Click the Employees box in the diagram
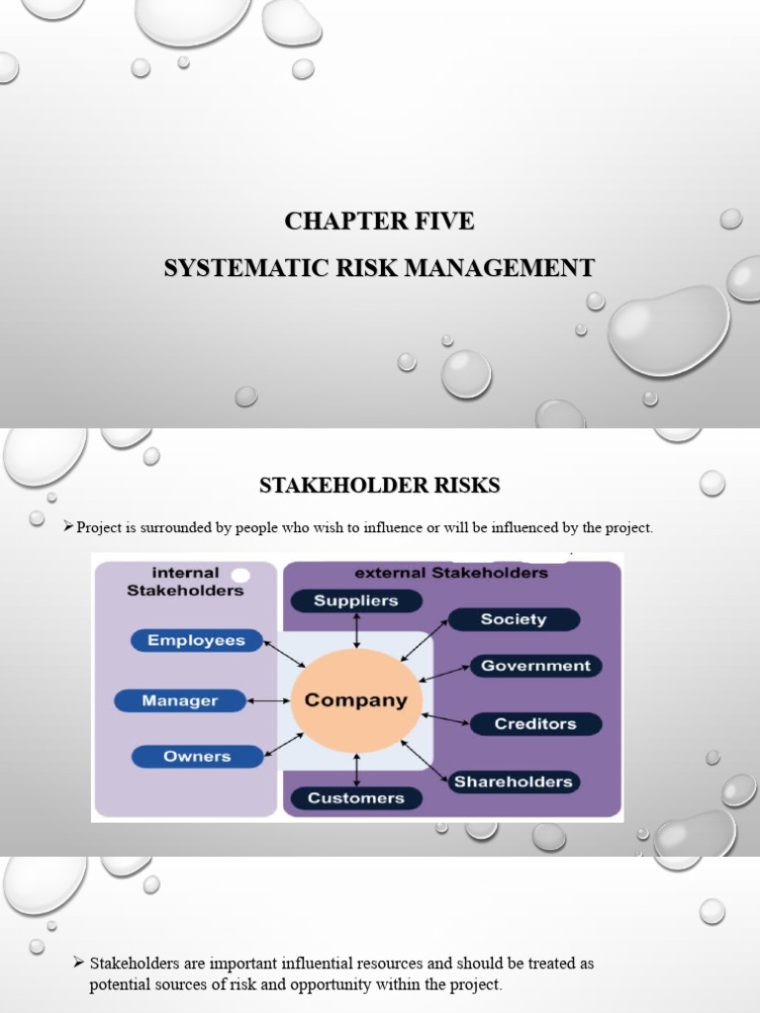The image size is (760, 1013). pyautogui.click(x=196, y=640)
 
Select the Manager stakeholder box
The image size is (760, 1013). pyautogui.click(x=180, y=700)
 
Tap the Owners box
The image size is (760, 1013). pyautogui.click(x=197, y=757)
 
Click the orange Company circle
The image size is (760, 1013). pyautogui.click(x=356, y=700)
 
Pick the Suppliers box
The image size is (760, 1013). pyautogui.click(x=356, y=600)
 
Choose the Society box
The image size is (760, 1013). pyautogui.click(x=514, y=619)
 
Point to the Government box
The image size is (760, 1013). pyautogui.click(x=535, y=666)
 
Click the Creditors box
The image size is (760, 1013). pyautogui.click(x=535, y=724)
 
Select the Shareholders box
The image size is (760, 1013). pyautogui.click(x=513, y=782)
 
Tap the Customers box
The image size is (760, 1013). pyautogui.click(x=356, y=797)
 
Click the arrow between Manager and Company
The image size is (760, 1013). pyautogui.click(x=268, y=700)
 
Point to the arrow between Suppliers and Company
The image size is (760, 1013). pyautogui.click(x=356, y=630)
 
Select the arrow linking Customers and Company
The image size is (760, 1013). pyautogui.click(x=356, y=769)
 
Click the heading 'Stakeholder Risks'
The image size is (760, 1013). pyautogui.click(x=379, y=485)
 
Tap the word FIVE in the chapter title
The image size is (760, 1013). pyautogui.click(x=441, y=221)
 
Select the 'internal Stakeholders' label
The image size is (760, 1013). pyautogui.click(x=185, y=582)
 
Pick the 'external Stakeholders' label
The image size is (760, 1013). pyautogui.click(x=451, y=572)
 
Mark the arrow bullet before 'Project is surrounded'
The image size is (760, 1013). pyautogui.click(x=68, y=527)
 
